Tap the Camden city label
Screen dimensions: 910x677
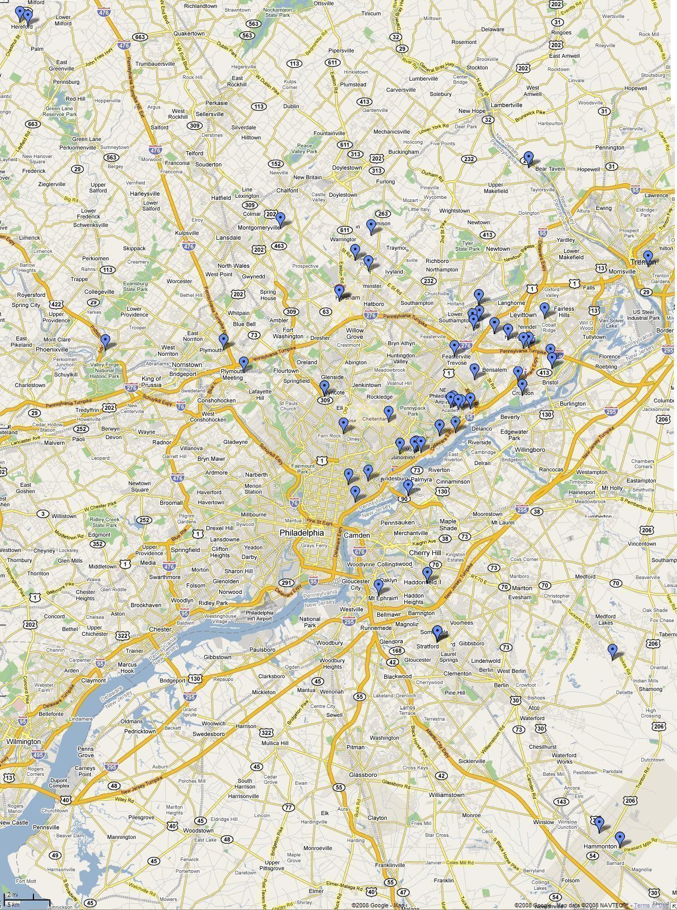(x=357, y=535)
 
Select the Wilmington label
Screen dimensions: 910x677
(x=23, y=741)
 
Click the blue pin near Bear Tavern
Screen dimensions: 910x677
(x=528, y=158)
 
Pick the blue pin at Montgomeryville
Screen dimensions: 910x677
(x=280, y=218)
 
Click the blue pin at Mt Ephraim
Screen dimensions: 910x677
(x=378, y=586)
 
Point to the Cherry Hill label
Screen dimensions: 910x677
(x=424, y=553)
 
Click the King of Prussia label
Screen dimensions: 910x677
(x=151, y=382)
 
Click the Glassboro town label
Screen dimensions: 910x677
(x=363, y=775)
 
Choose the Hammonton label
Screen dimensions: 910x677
(x=600, y=846)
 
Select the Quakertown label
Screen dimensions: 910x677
(x=189, y=33)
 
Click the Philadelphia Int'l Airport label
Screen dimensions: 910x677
(x=259, y=615)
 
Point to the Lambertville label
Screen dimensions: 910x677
(x=507, y=105)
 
